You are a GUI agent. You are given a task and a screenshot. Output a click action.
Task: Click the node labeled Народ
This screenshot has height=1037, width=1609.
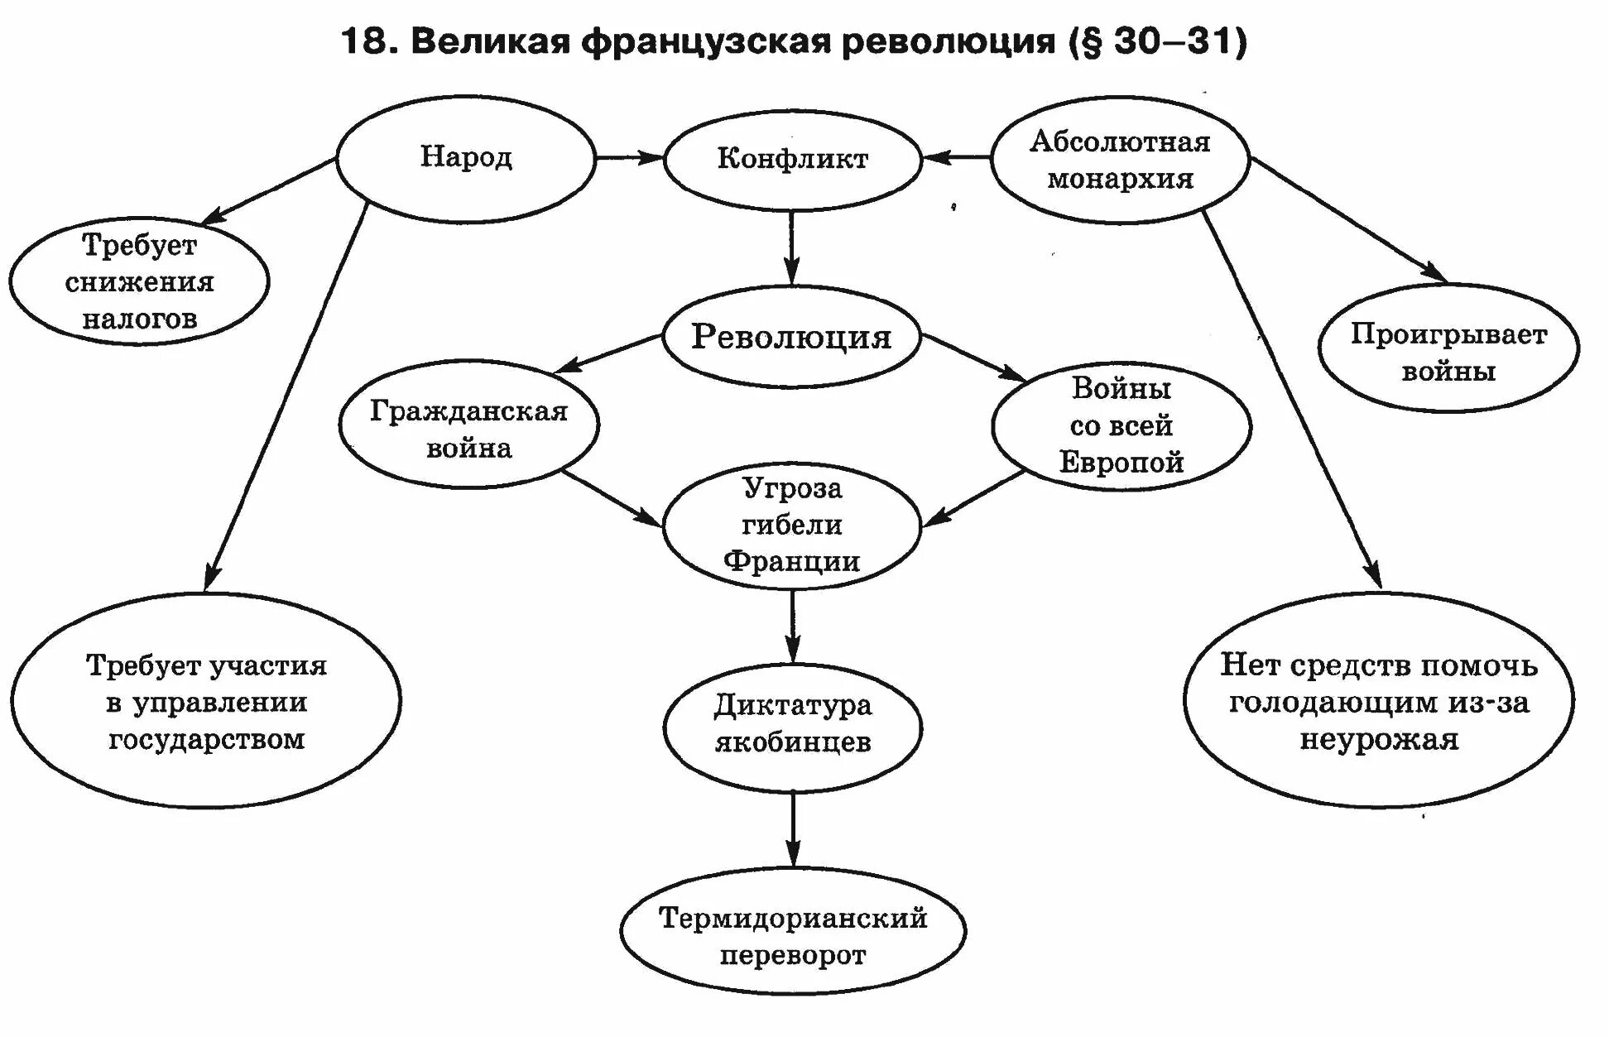[x=465, y=158]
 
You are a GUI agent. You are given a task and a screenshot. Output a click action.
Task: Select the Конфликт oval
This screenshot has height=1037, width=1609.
[x=792, y=159]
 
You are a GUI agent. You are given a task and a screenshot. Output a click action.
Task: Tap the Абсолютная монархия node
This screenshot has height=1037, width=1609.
[x=1120, y=160]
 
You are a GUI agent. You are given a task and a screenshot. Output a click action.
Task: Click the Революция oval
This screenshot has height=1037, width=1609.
[x=791, y=337]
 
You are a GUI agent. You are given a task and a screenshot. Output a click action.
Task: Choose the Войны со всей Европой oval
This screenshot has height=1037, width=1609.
[x=1121, y=425]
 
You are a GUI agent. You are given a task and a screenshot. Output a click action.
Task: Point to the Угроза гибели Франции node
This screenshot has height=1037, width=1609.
[x=792, y=525]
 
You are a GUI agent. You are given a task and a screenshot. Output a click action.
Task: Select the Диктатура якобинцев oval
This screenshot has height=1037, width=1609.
[x=792, y=724]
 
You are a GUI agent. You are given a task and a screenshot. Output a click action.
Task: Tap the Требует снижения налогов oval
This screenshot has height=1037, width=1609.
[x=139, y=281]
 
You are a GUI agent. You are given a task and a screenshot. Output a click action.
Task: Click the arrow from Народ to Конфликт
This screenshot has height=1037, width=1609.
[x=629, y=156]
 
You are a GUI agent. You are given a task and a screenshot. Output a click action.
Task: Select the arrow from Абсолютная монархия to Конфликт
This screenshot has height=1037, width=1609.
[x=957, y=156]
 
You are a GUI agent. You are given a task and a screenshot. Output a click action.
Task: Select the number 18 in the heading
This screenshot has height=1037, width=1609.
[x=364, y=41]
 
